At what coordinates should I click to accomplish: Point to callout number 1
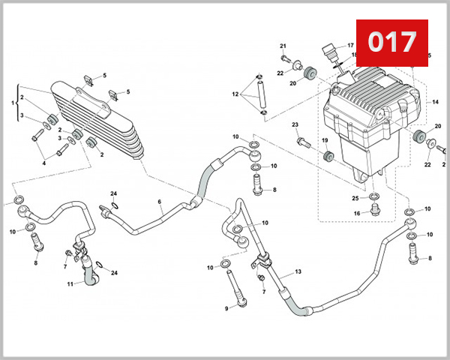[13, 103]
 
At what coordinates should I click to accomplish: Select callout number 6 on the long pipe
[160, 202]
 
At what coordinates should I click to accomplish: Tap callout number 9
[226, 308]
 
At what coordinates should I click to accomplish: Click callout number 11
[70, 284]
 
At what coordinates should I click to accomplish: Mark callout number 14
[435, 102]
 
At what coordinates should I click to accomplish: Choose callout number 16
[357, 214]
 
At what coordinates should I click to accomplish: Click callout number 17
[349, 46]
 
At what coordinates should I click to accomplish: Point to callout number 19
[325, 141]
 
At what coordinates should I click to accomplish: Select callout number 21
[283, 46]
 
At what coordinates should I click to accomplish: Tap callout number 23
[295, 124]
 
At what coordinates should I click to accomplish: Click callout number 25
[355, 198]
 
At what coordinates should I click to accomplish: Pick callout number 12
[235, 94]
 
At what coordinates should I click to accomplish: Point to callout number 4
[43, 163]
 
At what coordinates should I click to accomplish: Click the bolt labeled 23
[303, 140]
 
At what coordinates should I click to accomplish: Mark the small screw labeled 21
[285, 57]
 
